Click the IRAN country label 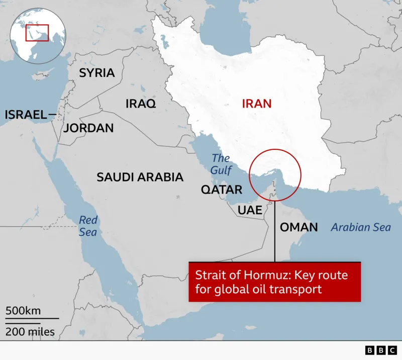click(x=256, y=104)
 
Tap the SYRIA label click(x=96, y=73)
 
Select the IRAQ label click(x=140, y=104)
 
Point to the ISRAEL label click(x=26, y=115)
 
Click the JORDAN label click(x=88, y=128)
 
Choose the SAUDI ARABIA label click(x=140, y=177)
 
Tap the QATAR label click(x=222, y=190)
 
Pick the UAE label click(x=250, y=210)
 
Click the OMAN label click(x=298, y=227)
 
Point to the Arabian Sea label click(x=360, y=227)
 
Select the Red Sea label click(x=88, y=226)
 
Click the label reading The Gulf click(x=221, y=164)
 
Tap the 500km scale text click(x=23, y=311)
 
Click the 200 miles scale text click(x=30, y=332)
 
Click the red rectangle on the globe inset click(x=37, y=33)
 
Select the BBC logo click(x=380, y=350)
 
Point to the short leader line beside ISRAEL click(x=52, y=115)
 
